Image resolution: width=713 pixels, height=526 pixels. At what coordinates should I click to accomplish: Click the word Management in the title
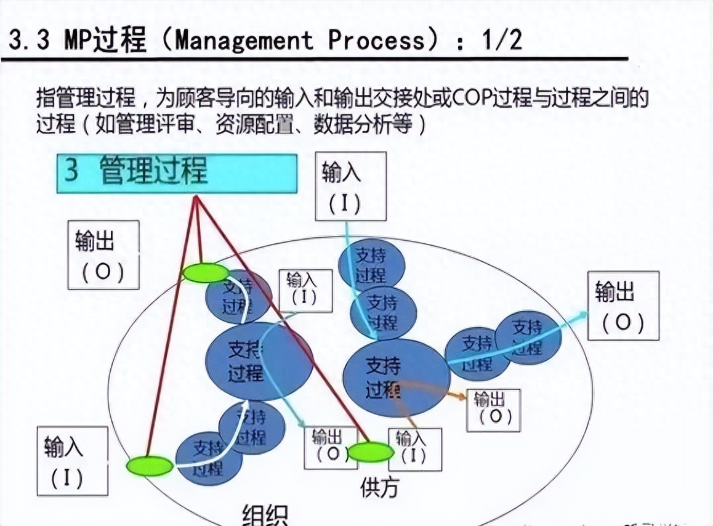(x=244, y=41)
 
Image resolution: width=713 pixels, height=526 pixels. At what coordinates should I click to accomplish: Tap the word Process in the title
(x=376, y=41)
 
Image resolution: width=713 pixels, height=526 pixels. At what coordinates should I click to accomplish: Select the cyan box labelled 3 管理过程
(x=177, y=173)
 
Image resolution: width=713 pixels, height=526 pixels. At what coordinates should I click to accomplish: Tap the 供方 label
(x=379, y=488)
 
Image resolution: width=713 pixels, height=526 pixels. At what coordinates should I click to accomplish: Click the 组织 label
(x=265, y=514)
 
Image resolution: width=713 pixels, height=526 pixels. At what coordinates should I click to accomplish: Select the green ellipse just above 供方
(x=370, y=452)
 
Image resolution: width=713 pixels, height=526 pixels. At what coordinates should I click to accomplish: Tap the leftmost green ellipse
(x=150, y=466)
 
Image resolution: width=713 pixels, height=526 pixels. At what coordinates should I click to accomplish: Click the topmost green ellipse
(x=206, y=273)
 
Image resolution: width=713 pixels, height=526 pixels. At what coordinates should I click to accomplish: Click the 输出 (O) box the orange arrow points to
(x=493, y=410)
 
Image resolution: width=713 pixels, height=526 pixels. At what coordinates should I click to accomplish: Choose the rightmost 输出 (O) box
(x=622, y=305)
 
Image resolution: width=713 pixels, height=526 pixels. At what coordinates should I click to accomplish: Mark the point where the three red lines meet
(x=196, y=198)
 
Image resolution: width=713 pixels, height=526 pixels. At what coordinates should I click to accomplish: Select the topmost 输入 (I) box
(x=350, y=186)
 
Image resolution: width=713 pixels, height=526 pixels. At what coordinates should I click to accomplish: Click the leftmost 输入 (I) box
(x=72, y=460)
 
